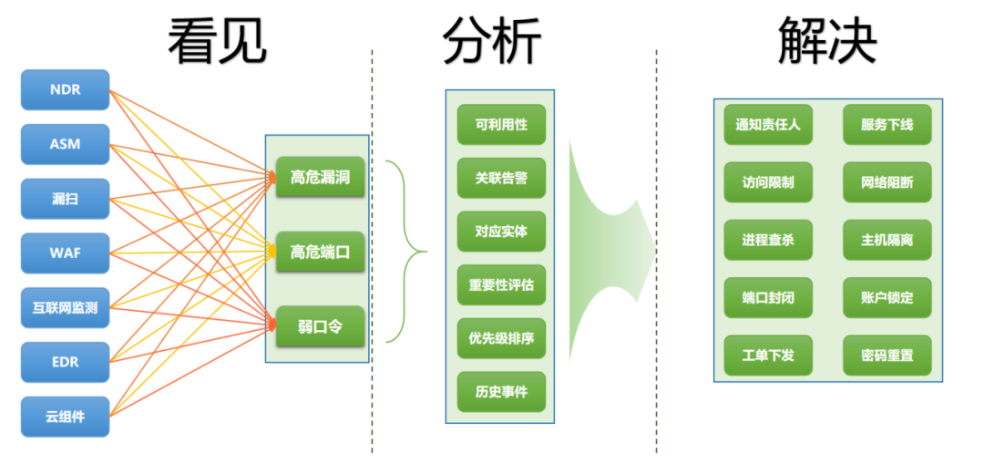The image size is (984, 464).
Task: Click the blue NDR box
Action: click(x=66, y=89)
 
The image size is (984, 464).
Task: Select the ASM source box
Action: click(x=66, y=144)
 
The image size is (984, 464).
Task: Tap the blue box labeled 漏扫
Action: click(x=66, y=199)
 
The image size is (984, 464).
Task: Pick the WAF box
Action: click(x=66, y=253)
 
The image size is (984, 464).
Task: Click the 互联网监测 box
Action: click(x=66, y=307)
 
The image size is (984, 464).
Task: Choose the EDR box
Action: click(x=66, y=362)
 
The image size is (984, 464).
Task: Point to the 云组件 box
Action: click(x=66, y=417)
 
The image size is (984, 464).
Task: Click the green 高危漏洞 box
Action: click(x=320, y=177)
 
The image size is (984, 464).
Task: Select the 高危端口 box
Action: click(x=320, y=252)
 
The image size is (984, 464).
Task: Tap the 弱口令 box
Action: click(x=320, y=326)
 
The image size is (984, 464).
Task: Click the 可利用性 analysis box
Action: click(x=501, y=124)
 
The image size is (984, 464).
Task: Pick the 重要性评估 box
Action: click(x=501, y=285)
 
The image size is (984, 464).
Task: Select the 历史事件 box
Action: click(x=501, y=392)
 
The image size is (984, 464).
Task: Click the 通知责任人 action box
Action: click(x=768, y=124)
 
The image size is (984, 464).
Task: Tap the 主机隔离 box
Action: click(x=887, y=240)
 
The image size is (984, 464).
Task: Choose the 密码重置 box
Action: click(x=887, y=356)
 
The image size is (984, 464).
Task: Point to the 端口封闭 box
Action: click(x=768, y=297)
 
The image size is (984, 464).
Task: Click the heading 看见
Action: click(x=218, y=41)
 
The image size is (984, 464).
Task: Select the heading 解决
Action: click(x=827, y=40)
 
